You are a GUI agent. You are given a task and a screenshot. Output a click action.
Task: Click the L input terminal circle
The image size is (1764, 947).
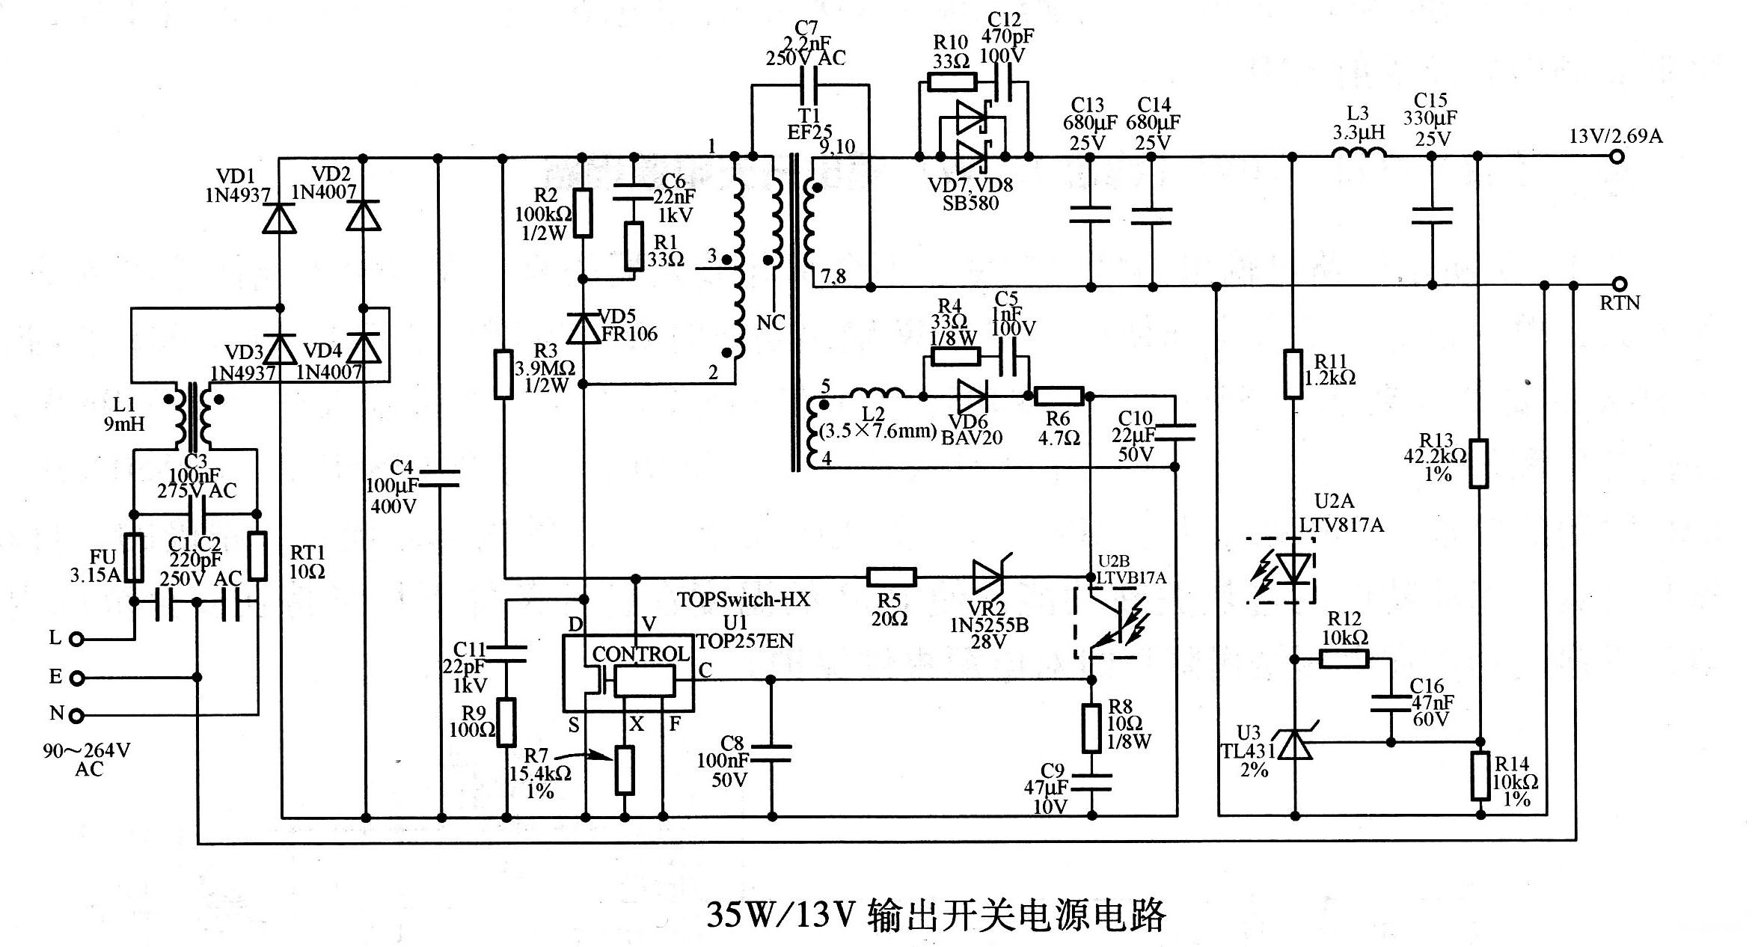pos(76,639)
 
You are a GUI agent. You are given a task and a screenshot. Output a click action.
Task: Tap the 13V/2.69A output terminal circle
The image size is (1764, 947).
pos(1617,157)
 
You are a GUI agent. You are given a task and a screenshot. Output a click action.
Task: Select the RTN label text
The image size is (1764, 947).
pos(1620,303)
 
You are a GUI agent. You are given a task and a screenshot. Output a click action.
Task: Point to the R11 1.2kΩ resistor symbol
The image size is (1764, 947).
pos(1293,373)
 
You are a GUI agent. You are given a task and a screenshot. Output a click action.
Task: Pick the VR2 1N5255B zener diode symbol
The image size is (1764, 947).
pos(989,577)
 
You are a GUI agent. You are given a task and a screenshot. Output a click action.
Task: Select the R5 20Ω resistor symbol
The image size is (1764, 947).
pos(890,577)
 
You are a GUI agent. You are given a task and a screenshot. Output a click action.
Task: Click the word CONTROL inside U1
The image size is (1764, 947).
pos(640,654)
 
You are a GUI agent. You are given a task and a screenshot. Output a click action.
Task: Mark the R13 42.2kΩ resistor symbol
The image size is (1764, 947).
pos(1478,464)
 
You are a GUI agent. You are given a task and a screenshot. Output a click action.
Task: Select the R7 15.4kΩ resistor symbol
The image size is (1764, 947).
pos(625,770)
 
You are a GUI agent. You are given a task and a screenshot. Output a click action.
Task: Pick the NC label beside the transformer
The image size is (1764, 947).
pos(771,322)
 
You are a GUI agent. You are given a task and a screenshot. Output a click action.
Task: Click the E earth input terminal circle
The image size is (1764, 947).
pos(76,678)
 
